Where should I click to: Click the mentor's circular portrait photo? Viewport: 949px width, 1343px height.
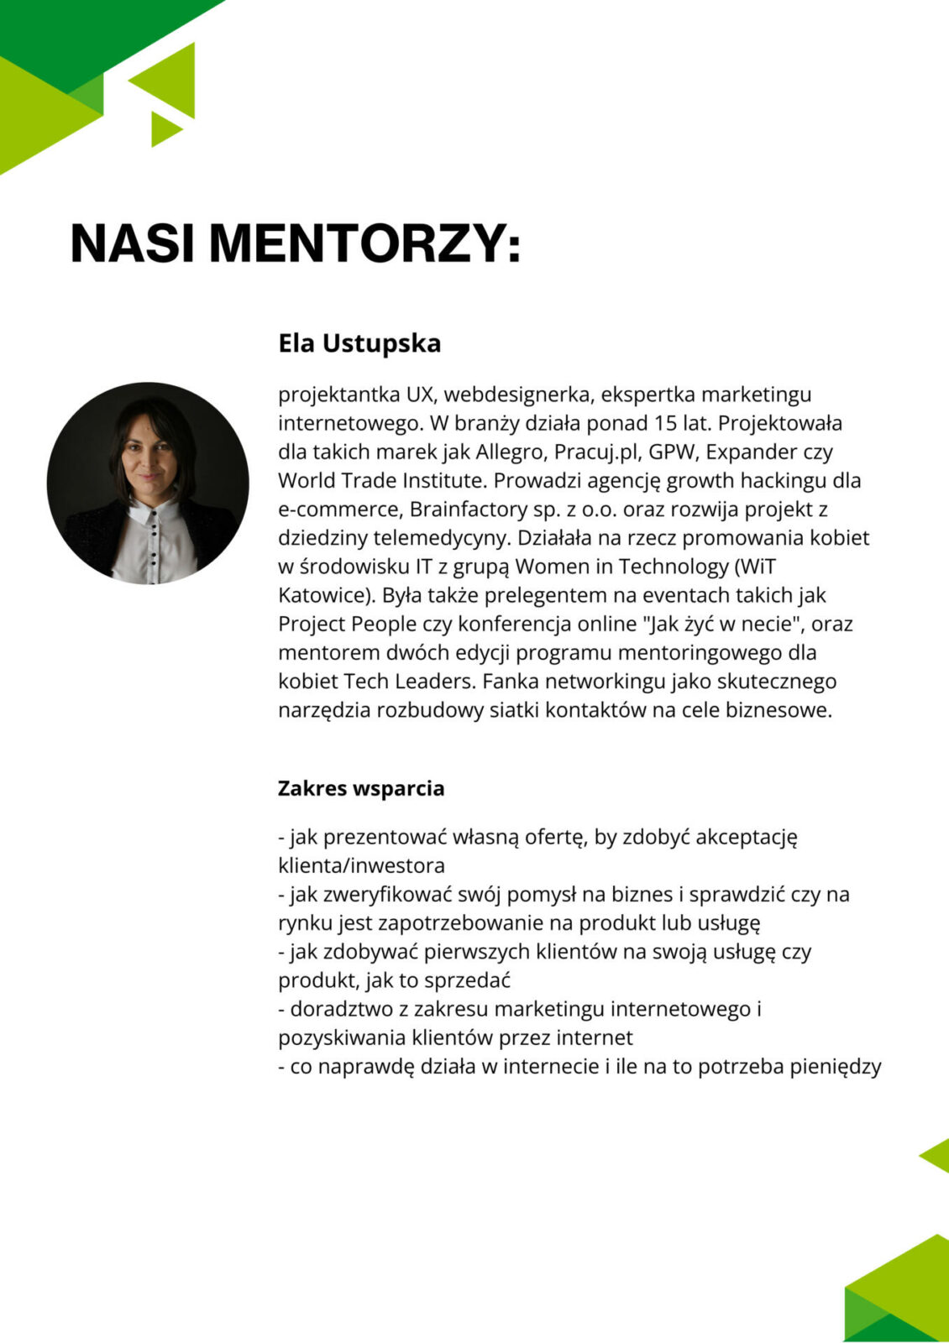point(148,483)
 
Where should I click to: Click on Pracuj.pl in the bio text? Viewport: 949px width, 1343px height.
point(598,452)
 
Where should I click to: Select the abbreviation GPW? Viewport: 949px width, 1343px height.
point(673,452)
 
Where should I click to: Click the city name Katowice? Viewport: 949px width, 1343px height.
point(323,595)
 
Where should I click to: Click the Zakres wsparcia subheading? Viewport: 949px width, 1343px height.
point(361,788)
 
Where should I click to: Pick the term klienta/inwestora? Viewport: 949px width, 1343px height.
point(361,865)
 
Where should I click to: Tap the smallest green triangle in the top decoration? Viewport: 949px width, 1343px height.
point(164,128)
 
